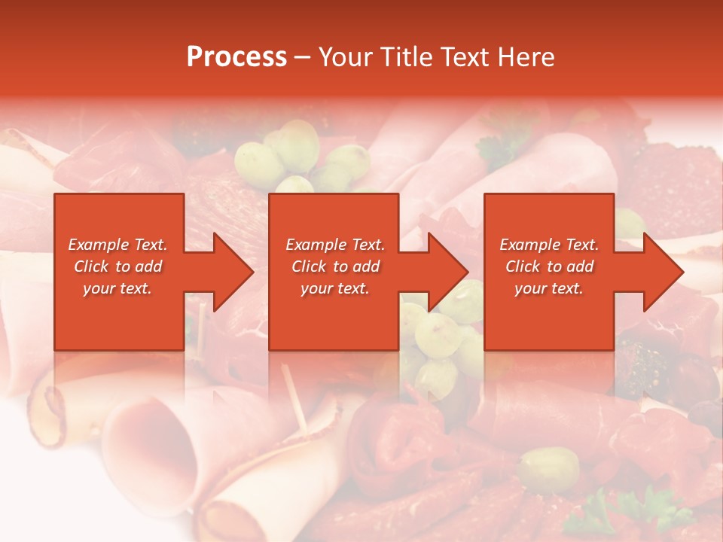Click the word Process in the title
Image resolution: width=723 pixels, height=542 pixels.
point(236,57)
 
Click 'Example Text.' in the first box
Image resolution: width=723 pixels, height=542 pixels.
point(117,245)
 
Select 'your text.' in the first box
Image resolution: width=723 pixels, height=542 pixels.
point(117,288)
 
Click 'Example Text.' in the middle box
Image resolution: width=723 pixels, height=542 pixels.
point(335,245)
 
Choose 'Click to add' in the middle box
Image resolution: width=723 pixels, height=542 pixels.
point(335,266)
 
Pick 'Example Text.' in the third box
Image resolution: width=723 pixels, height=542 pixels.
point(549,245)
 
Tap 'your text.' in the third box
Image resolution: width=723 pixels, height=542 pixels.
point(549,288)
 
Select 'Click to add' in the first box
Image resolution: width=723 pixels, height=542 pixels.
point(117,266)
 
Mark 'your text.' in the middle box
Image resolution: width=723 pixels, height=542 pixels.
point(335,288)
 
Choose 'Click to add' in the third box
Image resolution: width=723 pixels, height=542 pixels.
point(549,266)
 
